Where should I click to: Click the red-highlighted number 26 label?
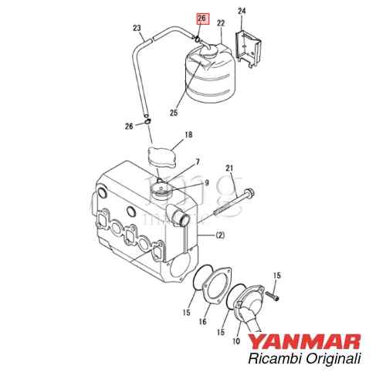coord(203,17)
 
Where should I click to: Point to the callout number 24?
coord(242,11)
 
